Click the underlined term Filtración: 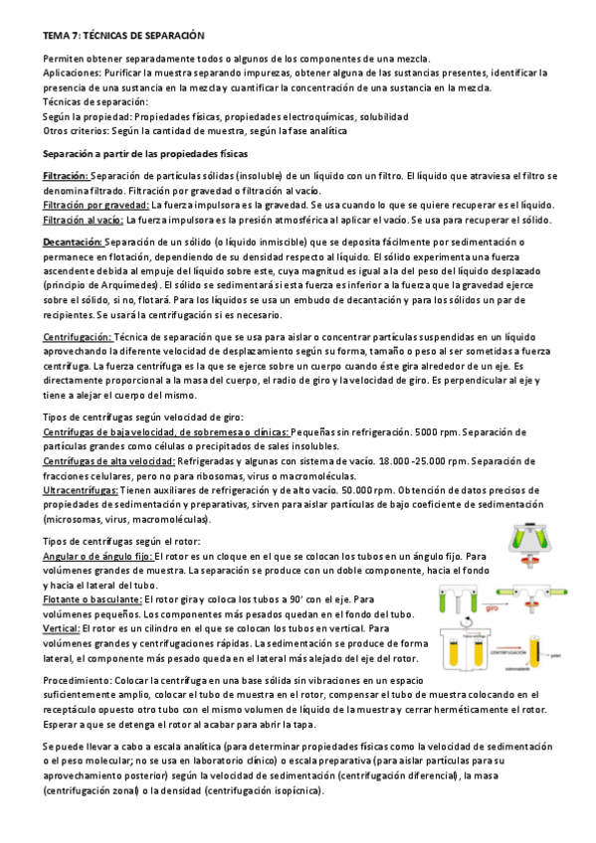(67, 176)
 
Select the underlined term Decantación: (73, 242)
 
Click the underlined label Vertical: (62, 628)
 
